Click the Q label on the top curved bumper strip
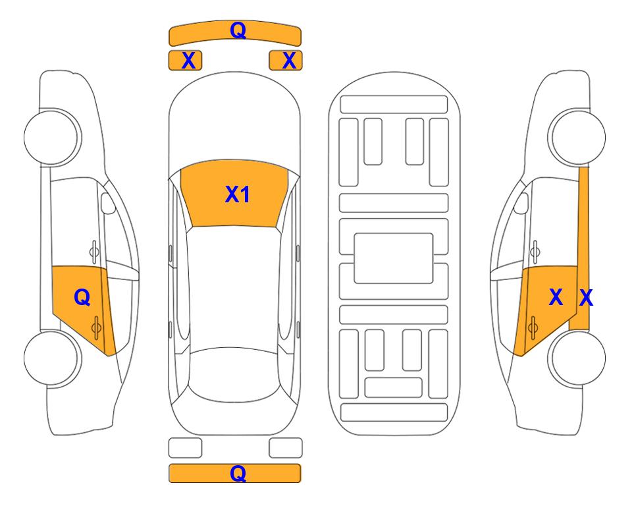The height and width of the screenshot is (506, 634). tap(238, 30)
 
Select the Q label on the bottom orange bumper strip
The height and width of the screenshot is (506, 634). tap(238, 473)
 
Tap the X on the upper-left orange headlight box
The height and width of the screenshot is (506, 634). tap(188, 61)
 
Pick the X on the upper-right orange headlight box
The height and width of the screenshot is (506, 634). tap(289, 61)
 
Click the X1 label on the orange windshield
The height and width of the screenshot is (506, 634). tap(238, 194)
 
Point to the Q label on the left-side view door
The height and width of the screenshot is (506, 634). tap(82, 298)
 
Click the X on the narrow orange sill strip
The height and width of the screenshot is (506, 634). tap(586, 298)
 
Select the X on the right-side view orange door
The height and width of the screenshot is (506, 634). tap(556, 297)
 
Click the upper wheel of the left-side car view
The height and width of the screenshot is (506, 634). tap(52, 137)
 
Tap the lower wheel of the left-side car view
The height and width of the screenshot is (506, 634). tap(52, 358)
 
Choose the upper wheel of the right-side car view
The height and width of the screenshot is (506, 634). tap(577, 137)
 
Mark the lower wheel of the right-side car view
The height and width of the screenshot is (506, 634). tap(577, 358)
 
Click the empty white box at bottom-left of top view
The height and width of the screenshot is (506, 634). tap(185, 448)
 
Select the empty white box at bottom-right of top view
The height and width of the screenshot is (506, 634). tap(286, 448)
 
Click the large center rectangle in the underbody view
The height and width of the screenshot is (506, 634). tap(394, 258)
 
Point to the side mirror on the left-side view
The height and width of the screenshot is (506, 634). tap(108, 203)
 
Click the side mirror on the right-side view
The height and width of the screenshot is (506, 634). tap(521, 203)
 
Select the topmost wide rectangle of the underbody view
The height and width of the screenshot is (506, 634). tap(394, 105)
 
